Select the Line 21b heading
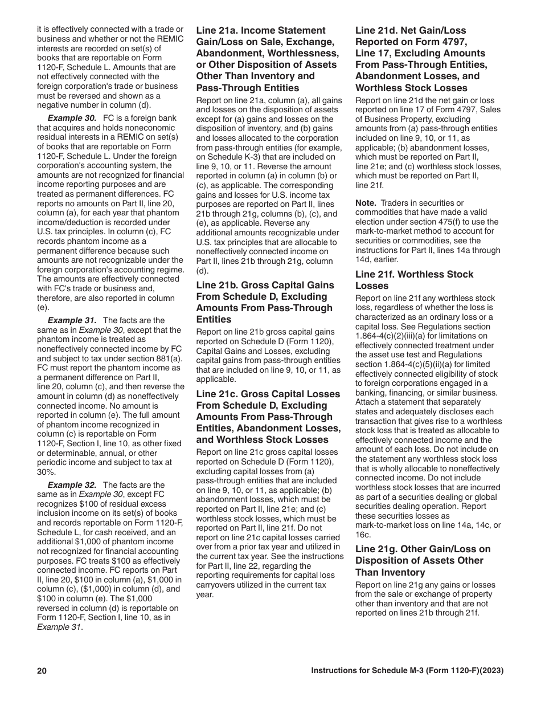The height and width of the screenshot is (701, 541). (x=265, y=302)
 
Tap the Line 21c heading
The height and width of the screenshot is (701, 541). (x=268, y=417)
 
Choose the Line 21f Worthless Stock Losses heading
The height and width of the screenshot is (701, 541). (x=414, y=280)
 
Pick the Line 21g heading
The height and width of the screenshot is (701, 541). (x=423, y=560)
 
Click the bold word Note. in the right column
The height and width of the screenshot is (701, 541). (x=366, y=203)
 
